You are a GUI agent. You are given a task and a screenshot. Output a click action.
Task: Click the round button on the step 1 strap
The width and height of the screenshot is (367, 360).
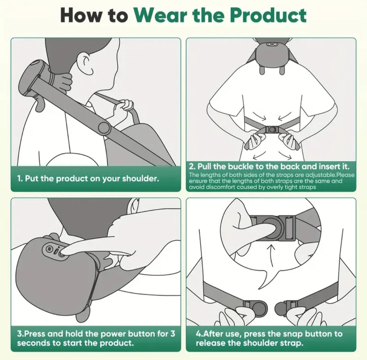pyautogui.click(x=104, y=128)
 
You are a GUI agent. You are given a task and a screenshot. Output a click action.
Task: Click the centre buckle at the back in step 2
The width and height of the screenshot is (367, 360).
pyautogui.click(x=272, y=130)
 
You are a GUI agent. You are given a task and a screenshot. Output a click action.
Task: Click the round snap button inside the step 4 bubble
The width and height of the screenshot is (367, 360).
pyautogui.click(x=272, y=226)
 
